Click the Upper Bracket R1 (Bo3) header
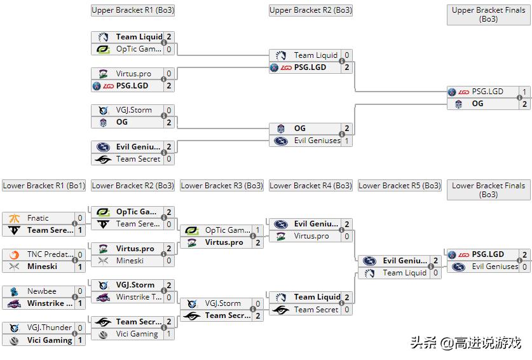(132, 10)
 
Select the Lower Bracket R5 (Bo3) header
(399, 186)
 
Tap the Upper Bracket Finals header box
(488, 15)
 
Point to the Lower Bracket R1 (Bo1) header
(43, 186)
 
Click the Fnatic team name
(38, 218)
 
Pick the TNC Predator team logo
(14, 255)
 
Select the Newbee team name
(41, 291)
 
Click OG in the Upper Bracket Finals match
(477, 104)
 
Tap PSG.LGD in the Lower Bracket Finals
(488, 254)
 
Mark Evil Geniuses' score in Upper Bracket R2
(346, 141)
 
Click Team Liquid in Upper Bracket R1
(139, 37)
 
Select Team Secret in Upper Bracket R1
(138, 159)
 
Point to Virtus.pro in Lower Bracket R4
(311, 236)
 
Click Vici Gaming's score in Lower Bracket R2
(168, 334)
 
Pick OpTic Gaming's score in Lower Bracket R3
(257, 230)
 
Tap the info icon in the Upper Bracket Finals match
(520, 98)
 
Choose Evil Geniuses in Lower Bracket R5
(404, 261)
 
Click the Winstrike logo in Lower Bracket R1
(14, 303)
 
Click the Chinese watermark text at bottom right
(465, 343)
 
